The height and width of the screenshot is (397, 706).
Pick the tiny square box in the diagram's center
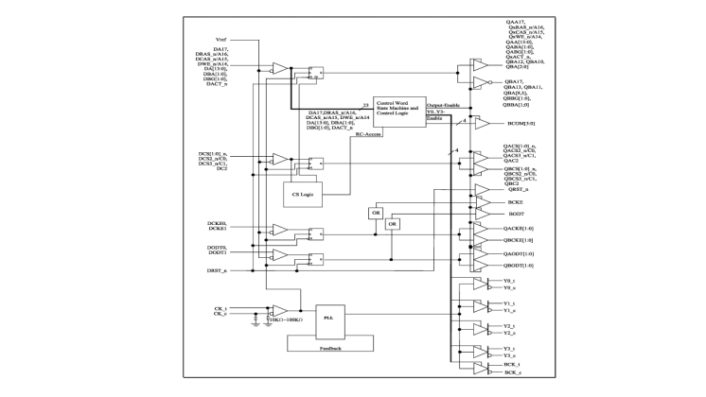pos(394,223)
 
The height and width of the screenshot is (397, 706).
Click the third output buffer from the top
pos(482,123)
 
